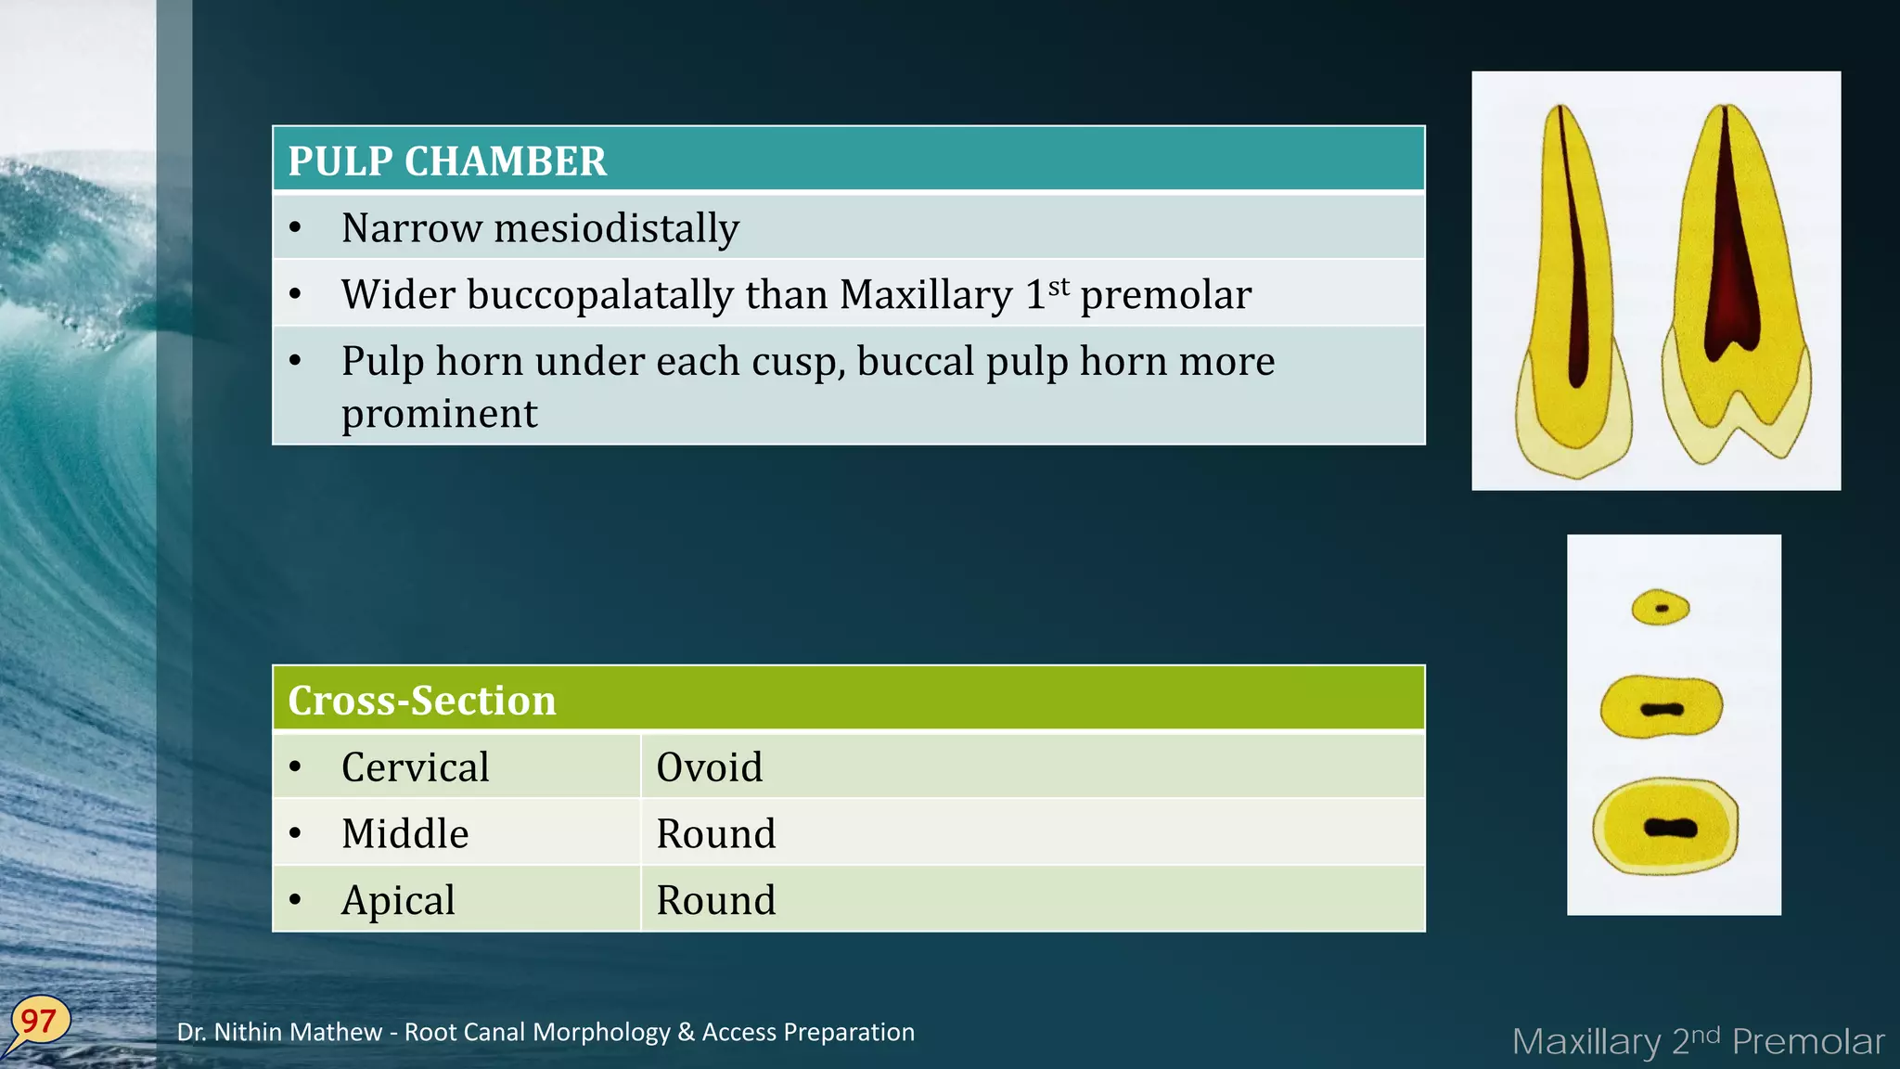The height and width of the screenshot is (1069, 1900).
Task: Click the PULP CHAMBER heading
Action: [447, 161]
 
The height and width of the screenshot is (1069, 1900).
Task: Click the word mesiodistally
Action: [616, 228]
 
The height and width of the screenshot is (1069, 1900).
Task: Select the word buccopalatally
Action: [601, 295]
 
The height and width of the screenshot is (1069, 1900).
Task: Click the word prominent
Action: [439, 414]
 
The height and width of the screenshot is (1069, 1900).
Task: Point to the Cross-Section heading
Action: [422, 701]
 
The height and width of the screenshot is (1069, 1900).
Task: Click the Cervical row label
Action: [415, 767]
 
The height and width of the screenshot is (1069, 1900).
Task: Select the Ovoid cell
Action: [710, 767]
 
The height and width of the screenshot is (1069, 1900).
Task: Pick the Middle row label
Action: [404, 833]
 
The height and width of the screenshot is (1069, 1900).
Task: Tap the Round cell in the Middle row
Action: [715, 833]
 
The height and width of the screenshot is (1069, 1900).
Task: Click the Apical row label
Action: [398, 900]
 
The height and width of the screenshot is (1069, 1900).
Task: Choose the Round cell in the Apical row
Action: [715, 900]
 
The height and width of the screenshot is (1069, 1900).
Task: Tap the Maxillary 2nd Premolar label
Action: [1698, 1041]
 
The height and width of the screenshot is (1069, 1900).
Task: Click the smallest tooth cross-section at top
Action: [1661, 608]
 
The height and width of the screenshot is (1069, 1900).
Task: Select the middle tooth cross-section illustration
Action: [1662, 708]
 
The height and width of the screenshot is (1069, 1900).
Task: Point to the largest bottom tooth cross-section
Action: [1666, 827]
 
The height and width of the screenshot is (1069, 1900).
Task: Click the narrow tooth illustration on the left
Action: [1573, 297]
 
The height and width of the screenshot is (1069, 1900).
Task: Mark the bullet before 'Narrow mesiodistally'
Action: [295, 228]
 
